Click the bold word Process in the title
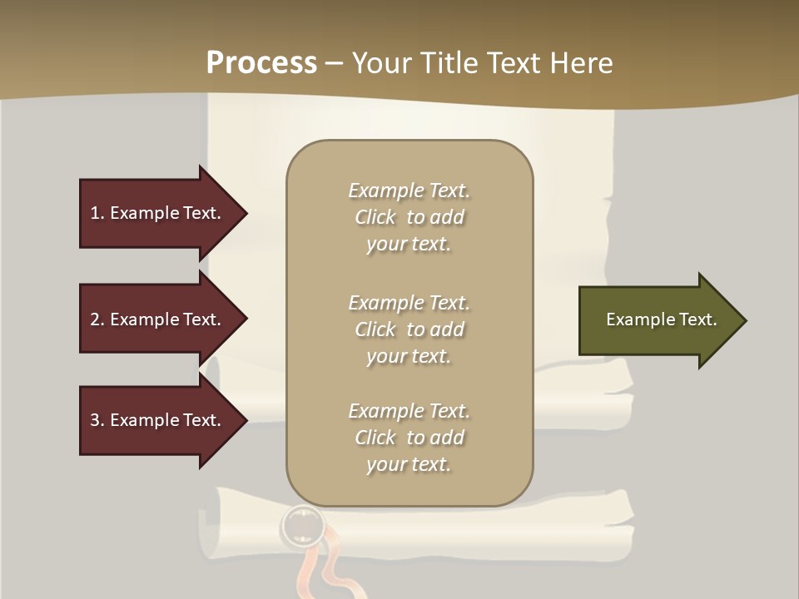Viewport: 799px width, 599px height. (x=261, y=63)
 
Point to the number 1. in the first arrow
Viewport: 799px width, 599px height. (x=97, y=213)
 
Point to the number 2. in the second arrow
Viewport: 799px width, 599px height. (x=97, y=319)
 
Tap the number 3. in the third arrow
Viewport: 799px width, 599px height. (x=97, y=420)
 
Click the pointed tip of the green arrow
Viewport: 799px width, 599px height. (x=743, y=320)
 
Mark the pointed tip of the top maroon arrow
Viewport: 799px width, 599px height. (x=245, y=213)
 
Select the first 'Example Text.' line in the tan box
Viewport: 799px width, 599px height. (x=409, y=191)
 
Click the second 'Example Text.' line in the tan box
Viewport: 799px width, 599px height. (x=409, y=303)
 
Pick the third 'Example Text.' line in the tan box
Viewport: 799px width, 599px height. (x=409, y=411)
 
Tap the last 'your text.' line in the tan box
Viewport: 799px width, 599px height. (x=409, y=464)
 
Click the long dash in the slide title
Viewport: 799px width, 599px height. (x=335, y=64)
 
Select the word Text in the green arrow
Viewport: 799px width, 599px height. (x=698, y=319)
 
